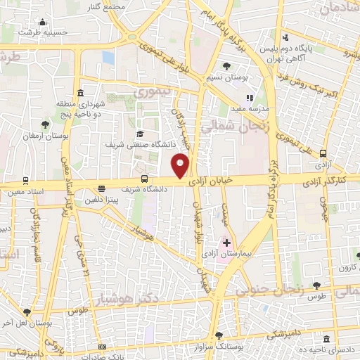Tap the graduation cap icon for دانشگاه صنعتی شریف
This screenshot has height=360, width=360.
[139, 134]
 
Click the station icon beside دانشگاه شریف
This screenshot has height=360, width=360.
[145, 179]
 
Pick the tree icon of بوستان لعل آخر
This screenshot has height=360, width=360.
[27, 311]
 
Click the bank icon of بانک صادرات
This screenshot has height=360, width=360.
[102, 347]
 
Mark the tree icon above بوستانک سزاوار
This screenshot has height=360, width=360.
[219, 335]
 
